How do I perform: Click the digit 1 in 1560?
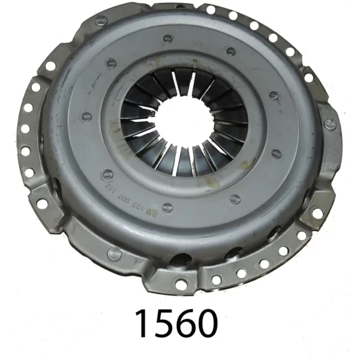(142, 324)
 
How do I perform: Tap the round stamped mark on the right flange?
(329, 124)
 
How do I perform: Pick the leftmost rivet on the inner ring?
(84, 116)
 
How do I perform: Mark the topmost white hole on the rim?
(210, 10)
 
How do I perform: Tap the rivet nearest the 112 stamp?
(107, 173)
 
